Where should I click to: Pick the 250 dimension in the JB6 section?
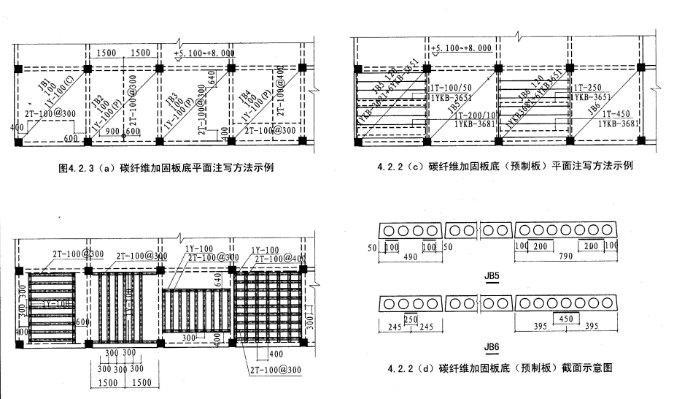[x=410, y=319]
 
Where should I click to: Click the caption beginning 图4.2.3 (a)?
[x=169, y=167]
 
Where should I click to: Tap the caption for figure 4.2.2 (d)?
[x=495, y=368]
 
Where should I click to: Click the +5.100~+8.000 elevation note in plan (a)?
[x=204, y=53]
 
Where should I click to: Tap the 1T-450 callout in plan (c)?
[x=611, y=114]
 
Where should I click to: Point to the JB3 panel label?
[x=172, y=97]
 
